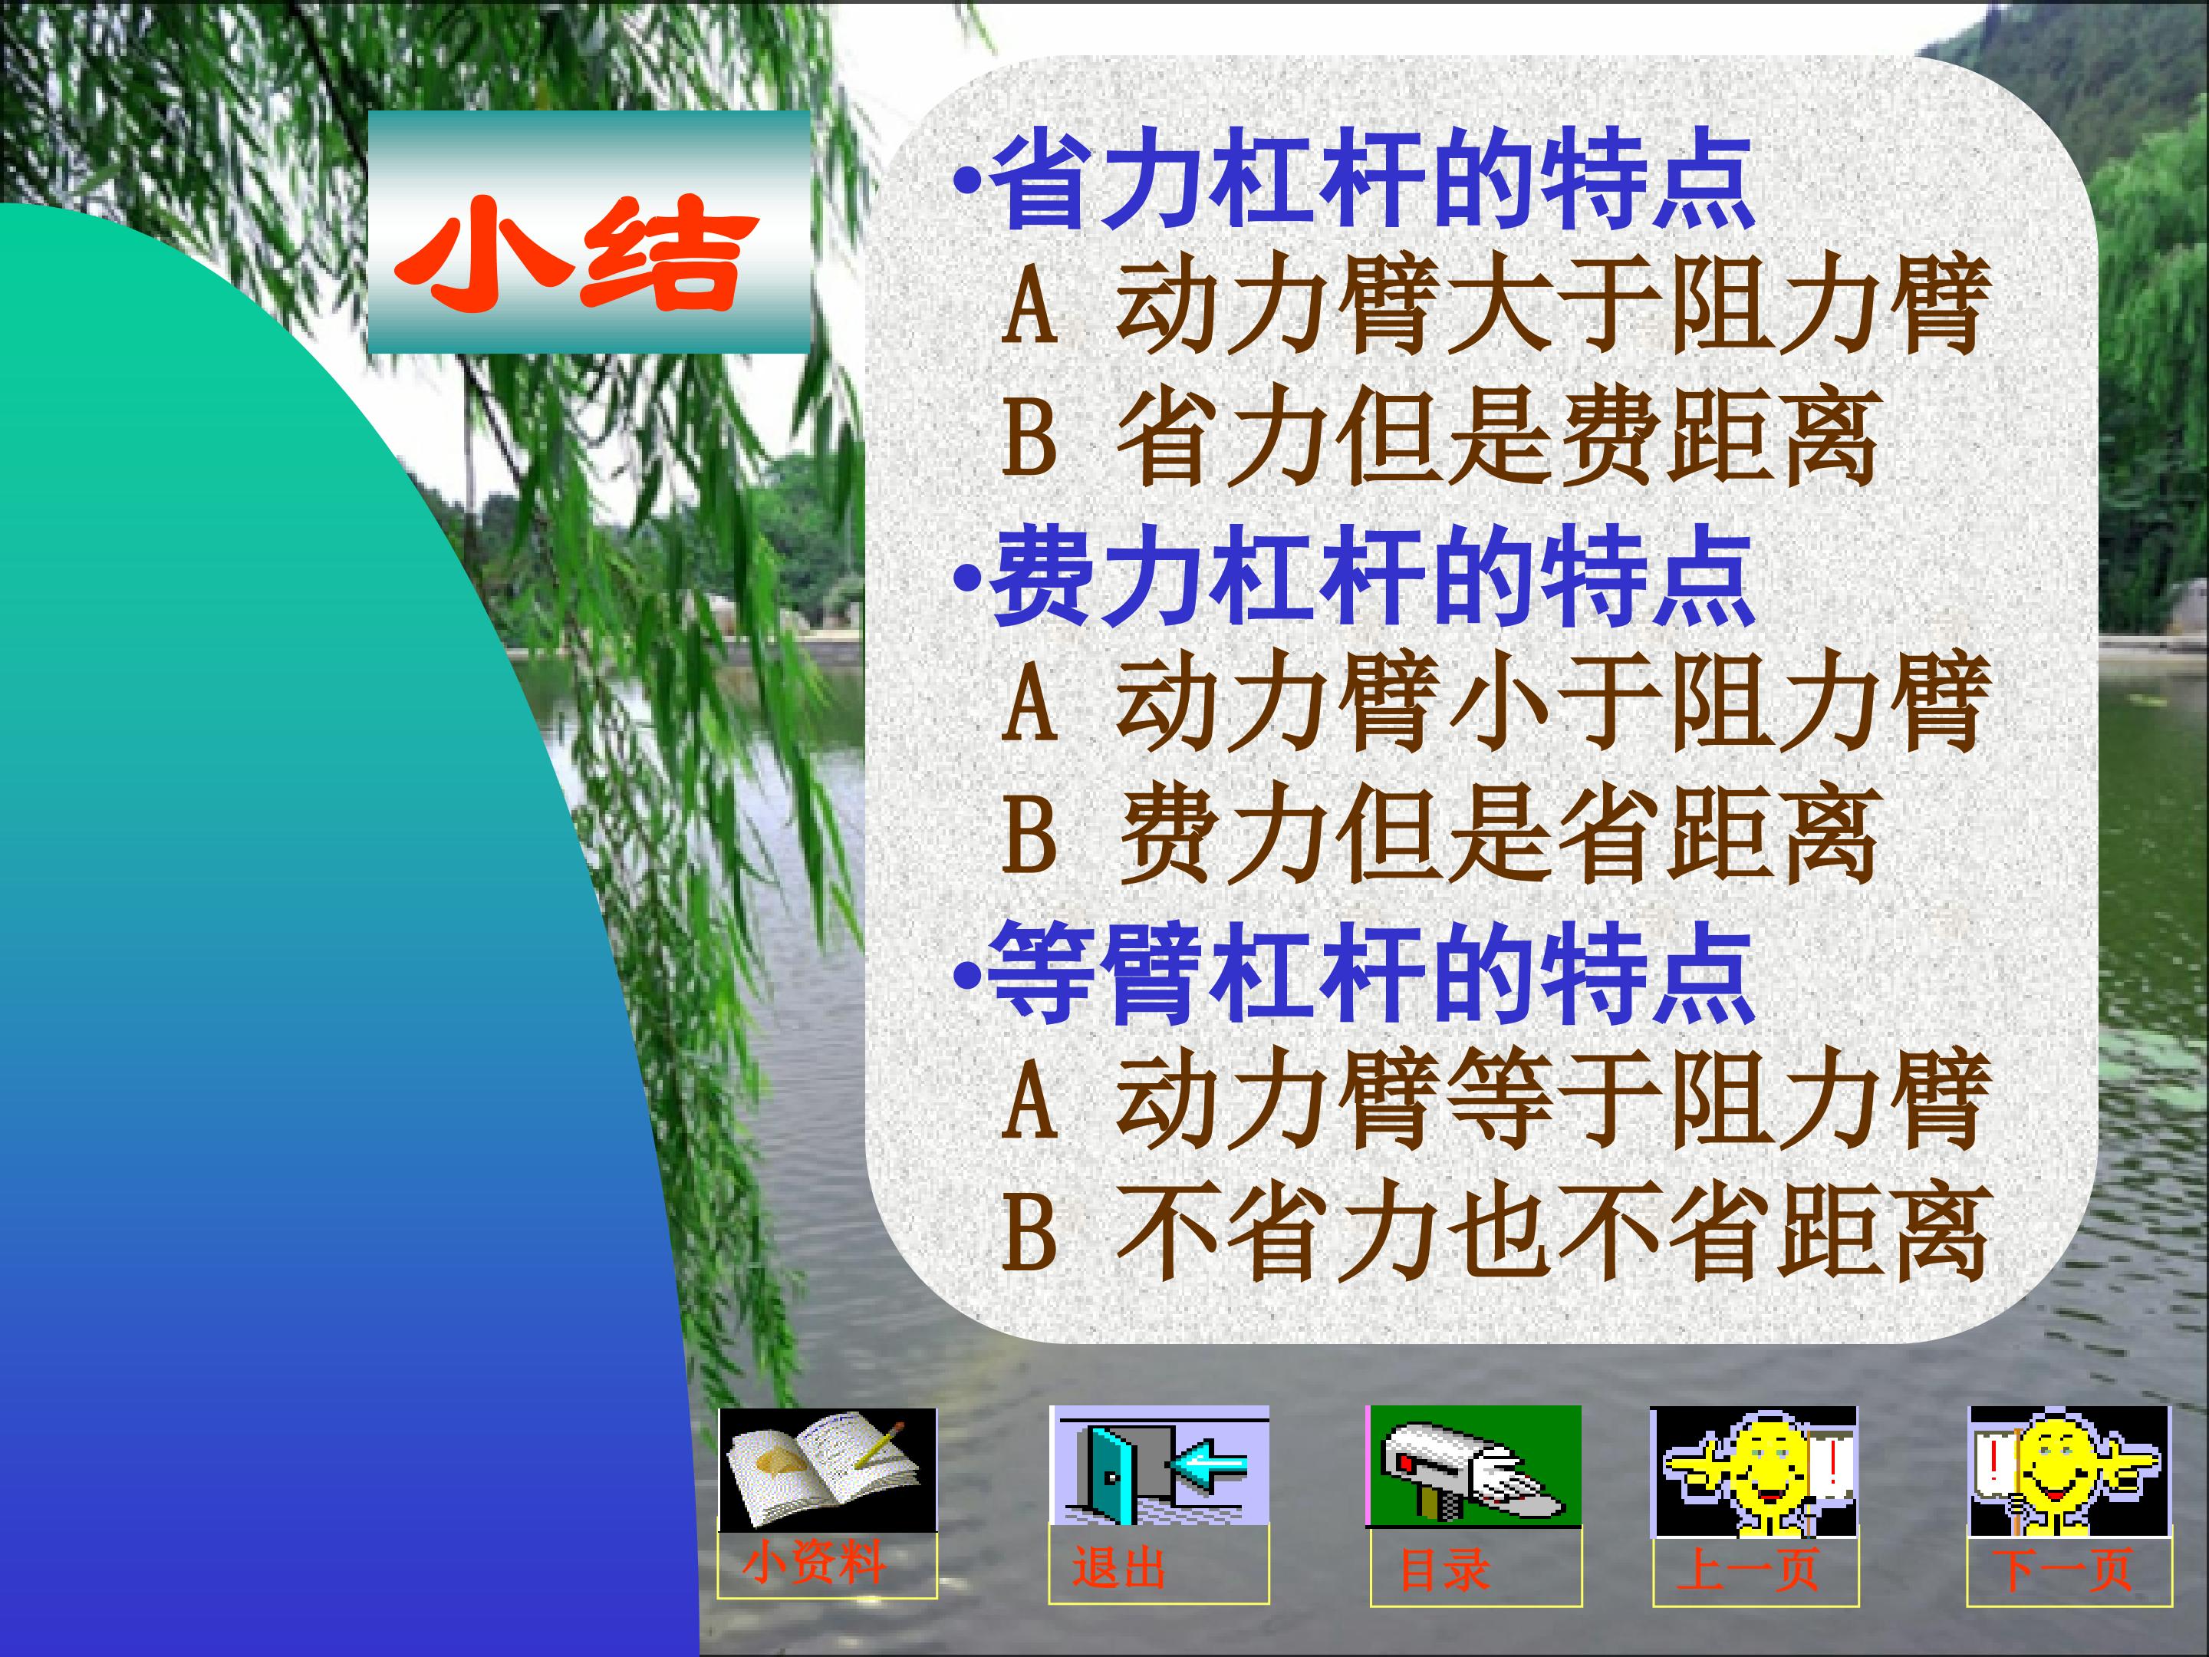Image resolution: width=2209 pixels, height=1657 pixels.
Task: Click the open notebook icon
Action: [828, 1468]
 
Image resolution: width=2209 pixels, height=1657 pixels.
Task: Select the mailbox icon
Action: [1475, 1465]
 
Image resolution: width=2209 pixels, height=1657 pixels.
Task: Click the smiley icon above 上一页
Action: [1755, 1472]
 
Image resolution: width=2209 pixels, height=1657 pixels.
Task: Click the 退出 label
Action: [1120, 1568]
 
